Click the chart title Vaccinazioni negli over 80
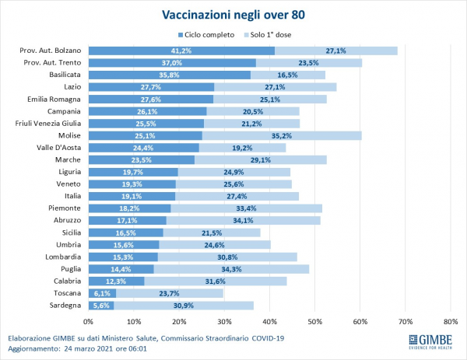coord(233,15)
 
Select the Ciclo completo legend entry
coord(208,35)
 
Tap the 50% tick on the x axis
coord(314,320)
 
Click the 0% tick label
coord(88,320)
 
